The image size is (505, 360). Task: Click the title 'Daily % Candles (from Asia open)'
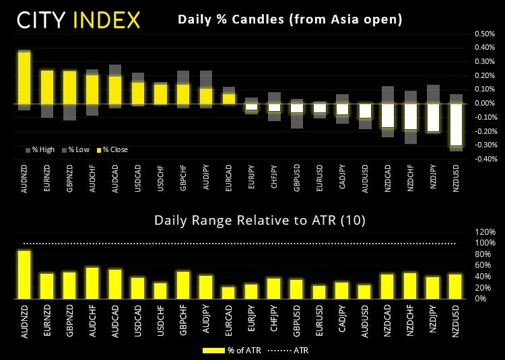(x=290, y=20)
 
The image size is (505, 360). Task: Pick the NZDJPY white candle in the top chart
(x=433, y=118)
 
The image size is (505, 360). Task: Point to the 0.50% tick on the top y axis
(x=484, y=34)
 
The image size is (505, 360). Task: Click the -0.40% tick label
(x=483, y=159)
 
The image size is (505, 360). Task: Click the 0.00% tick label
(x=484, y=103)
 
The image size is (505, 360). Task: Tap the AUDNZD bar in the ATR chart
(x=24, y=274)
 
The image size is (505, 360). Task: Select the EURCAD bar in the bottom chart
(x=228, y=293)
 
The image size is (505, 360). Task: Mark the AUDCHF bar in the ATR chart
(x=92, y=283)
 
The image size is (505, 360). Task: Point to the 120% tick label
(x=485, y=232)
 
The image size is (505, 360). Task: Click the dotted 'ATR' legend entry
(x=290, y=350)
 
